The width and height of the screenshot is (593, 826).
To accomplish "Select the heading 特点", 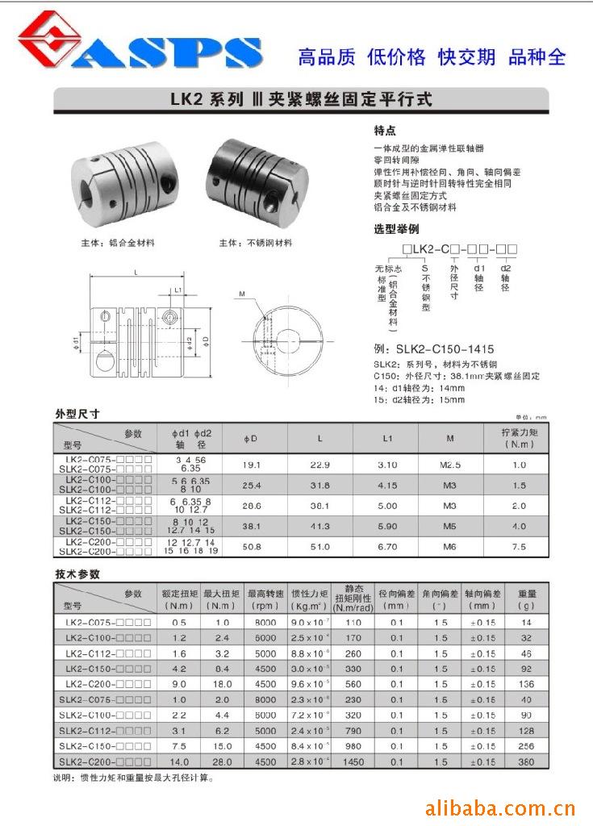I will tap(385, 130).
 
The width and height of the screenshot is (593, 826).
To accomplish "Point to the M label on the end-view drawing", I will tap(241, 294).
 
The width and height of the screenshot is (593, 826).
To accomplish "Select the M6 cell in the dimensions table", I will tap(449, 546).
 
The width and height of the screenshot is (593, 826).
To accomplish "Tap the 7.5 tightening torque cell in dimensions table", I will tap(518, 546).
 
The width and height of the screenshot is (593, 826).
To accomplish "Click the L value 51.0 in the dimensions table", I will tap(320, 546).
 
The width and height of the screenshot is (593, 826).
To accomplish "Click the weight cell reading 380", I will tap(526, 761).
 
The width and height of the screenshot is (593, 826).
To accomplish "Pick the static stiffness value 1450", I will tap(353, 761).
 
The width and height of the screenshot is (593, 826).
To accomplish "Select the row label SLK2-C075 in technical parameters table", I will tap(104, 699).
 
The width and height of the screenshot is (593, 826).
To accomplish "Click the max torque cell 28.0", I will tap(222, 761).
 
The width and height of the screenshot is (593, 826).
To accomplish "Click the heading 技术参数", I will tap(77, 574).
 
